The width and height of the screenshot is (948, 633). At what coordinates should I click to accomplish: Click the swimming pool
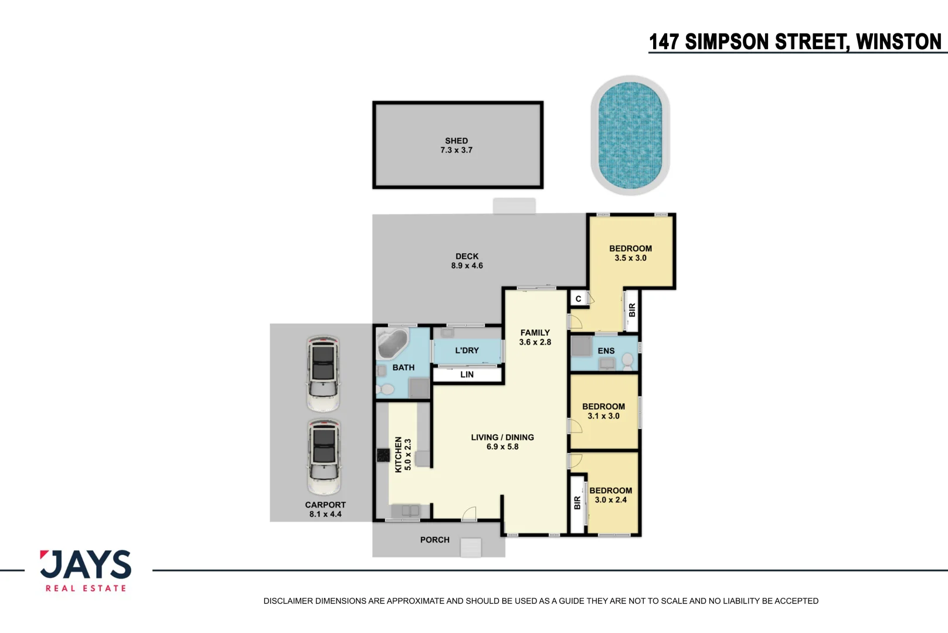pos(630,135)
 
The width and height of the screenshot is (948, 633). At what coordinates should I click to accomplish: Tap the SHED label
pos(456,141)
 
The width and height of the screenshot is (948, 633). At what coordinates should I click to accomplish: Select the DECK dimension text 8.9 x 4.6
pos(467,266)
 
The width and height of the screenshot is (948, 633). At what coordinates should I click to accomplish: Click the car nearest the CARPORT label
pos(324,457)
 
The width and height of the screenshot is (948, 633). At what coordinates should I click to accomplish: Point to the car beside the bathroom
pos(324,373)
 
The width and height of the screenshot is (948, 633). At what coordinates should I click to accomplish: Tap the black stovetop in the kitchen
pos(383,455)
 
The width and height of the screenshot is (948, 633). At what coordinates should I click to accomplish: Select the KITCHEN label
pos(398,455)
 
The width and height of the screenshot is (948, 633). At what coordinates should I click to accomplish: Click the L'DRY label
pos(467,350)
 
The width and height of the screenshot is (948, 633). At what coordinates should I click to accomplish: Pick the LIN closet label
pos(467,375)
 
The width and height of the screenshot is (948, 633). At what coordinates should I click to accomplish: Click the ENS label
pos(606,350)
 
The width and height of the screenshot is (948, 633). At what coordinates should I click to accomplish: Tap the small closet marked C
pos(578,299)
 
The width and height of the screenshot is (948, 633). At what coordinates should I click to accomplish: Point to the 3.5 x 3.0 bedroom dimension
pos(631,258)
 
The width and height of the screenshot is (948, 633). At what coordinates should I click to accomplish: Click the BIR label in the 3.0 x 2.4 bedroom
pos(577,503)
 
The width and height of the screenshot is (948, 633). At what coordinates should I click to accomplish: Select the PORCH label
pos(434,540)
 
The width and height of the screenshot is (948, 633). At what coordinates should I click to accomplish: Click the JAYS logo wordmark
pos(86,564)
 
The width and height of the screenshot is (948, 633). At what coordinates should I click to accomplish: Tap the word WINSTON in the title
pos(899,42)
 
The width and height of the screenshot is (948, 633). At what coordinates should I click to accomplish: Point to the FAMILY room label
pos(535,333)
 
